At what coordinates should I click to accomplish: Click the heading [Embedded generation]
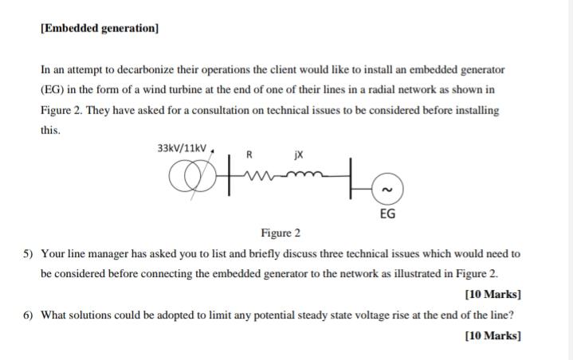[x=100, y=28]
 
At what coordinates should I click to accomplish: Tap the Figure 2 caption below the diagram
[x=281, y=233]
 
